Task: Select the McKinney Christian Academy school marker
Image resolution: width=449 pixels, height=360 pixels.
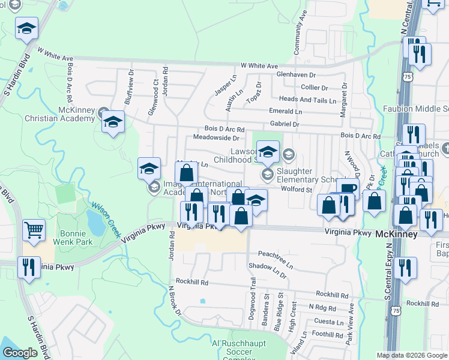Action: [x=112, y=122]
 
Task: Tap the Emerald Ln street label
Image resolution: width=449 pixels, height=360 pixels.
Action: [x=286, y=112]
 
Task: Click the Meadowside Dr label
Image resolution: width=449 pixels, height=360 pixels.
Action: [x=216, y=137]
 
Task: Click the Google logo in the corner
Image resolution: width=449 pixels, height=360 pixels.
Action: [x=20, y=353]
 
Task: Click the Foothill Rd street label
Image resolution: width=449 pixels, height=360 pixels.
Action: [x=327, y=334]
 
